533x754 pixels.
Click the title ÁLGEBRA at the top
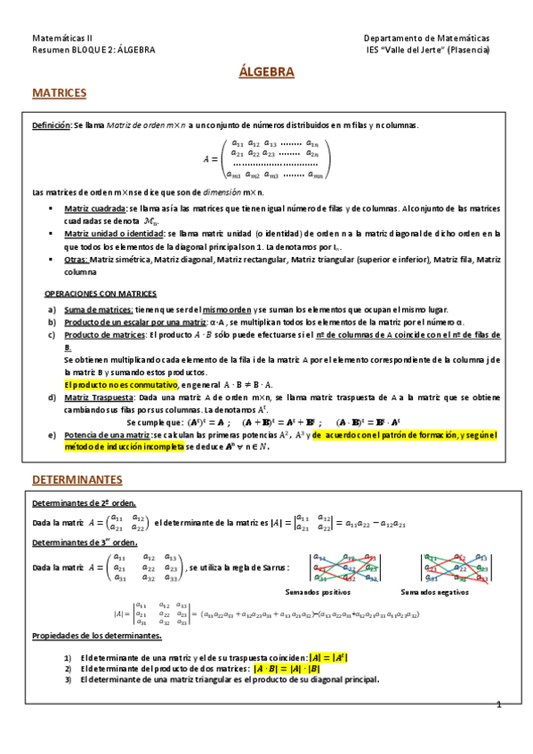266,72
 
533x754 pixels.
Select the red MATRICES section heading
59,92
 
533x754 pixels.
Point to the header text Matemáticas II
62,38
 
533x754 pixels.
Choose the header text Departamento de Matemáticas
427,38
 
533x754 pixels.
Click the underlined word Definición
52,125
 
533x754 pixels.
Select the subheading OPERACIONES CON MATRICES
101,293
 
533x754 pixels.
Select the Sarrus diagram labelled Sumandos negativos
456,566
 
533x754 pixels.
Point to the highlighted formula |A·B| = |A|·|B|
287,669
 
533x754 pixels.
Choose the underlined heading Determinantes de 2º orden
84,503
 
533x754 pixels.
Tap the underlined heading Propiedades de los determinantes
97,637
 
